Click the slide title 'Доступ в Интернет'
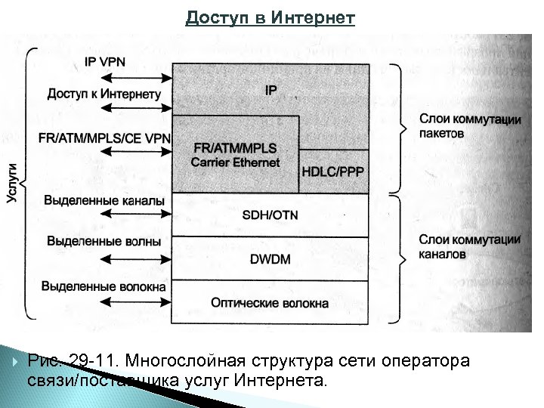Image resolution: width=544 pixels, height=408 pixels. tap(270, 17)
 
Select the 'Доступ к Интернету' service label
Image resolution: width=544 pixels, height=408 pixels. tap(104, 94)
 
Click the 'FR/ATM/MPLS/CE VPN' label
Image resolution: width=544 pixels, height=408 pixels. tap(104, 138)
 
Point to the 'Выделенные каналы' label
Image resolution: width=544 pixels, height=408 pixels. tap(104, 201)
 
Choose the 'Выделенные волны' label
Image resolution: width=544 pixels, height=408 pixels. tap(104, 242)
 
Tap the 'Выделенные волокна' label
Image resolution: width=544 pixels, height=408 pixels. tap(104, 286)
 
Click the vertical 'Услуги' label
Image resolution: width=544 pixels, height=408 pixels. tap(13, 183)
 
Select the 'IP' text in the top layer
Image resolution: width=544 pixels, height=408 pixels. tap(270, 91)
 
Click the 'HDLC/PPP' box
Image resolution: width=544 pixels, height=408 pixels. tap(332, 172)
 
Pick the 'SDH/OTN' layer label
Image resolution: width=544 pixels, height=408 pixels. tap(270, 215)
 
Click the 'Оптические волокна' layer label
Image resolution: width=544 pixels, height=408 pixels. tap(270, 304)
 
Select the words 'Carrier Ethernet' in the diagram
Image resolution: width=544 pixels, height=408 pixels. tap(235, 162)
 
